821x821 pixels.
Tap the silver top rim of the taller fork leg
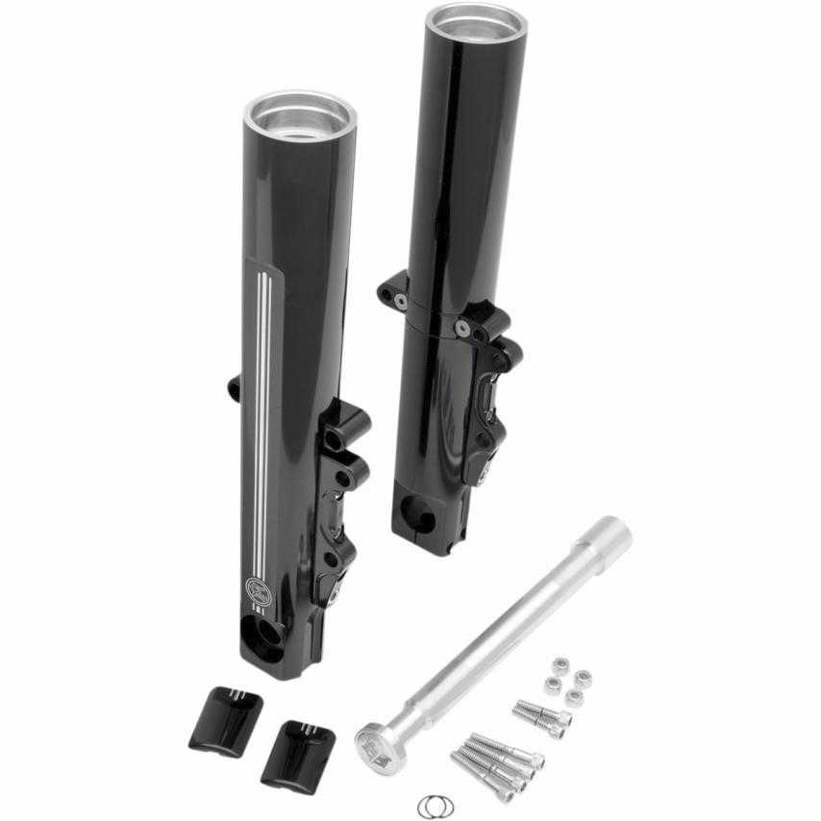tap(476, 21)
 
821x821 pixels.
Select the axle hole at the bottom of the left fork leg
tap(263, 634)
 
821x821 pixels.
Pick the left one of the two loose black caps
tap(227, 720)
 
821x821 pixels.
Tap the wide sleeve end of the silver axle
tap(607, 535)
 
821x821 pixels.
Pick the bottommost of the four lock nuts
tap(573, 698)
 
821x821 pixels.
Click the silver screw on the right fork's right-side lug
tap(463, 329)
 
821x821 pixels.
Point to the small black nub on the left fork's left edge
tap(234, 387)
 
